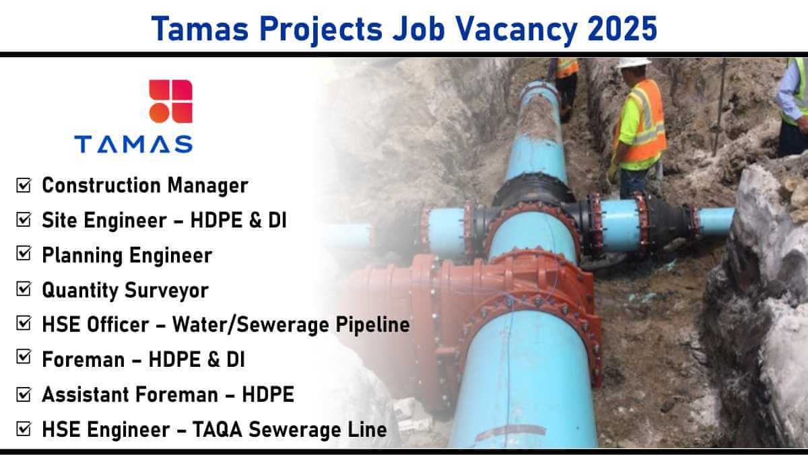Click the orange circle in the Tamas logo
pos(160,113)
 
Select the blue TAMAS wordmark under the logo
pos(133,144)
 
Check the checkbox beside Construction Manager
pos(24,185)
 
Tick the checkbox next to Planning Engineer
pos(24,254)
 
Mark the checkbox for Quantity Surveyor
pos(24,289)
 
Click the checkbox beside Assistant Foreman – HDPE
pos(24,394)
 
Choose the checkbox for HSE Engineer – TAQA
pos(24,429)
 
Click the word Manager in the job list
pos(208,186)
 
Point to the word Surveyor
pos(167,291)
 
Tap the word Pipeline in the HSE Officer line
pos(372,325)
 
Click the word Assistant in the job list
pos(85,394)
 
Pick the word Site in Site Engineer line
pos(59,220)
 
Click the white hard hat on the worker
pos(634,63)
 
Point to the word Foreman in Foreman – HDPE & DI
pos(83,360)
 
